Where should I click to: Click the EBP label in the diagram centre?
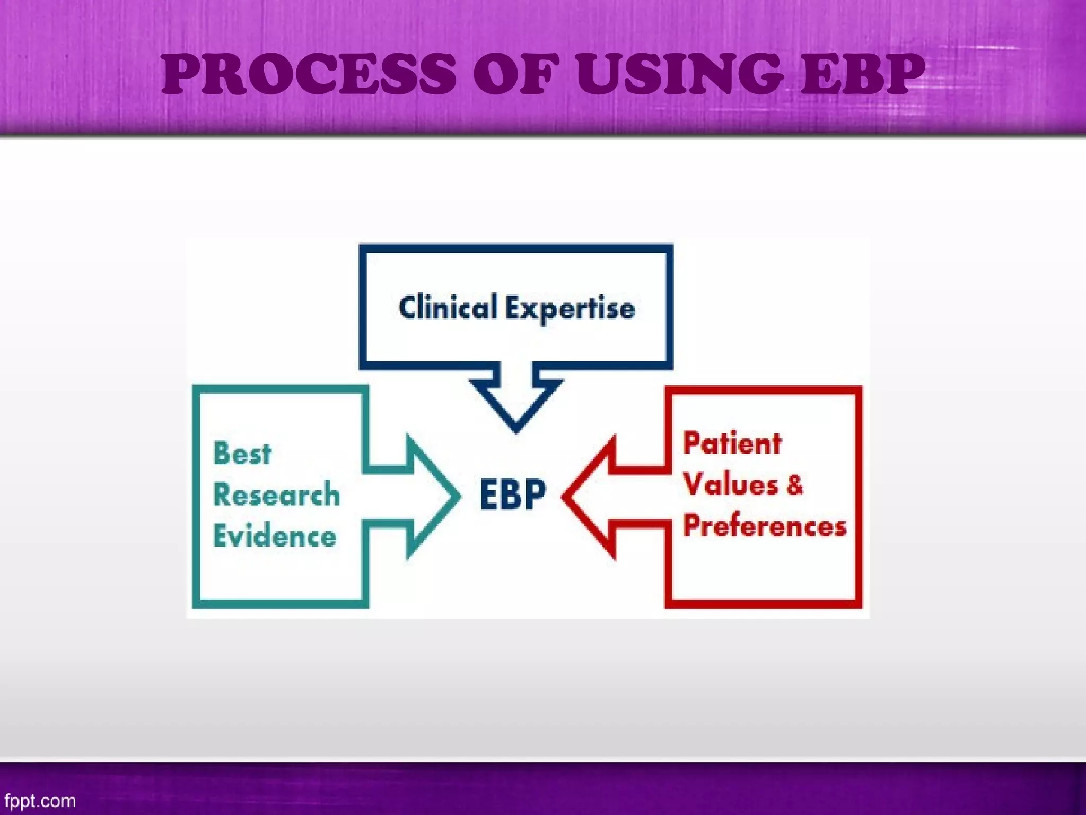512,495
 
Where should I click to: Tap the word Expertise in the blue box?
570,309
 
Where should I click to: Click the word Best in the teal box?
242,454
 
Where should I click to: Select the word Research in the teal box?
276,495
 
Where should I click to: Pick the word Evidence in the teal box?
275,536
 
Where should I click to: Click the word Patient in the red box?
732,444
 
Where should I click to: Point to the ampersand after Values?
794,485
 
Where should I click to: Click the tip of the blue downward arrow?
516,431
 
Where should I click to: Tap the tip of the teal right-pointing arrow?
458,497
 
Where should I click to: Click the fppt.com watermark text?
40,800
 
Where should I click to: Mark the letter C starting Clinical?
407,308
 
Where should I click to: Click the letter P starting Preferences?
691,526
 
